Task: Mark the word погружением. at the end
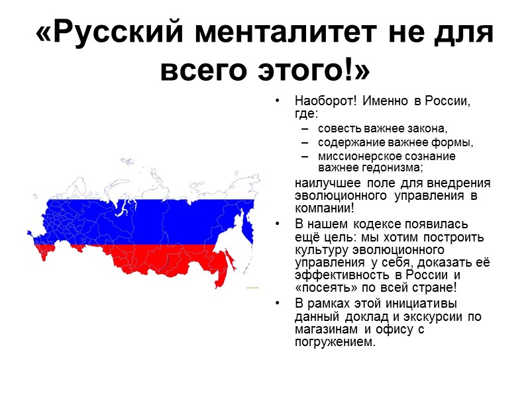click(x=335, y=341)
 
